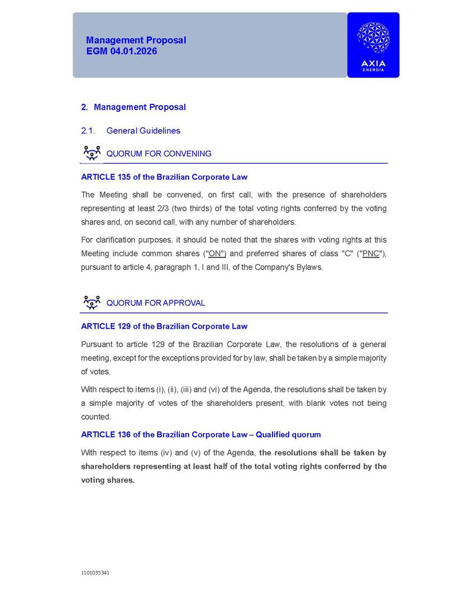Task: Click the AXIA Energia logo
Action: point(373,45)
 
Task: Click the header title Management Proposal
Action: point(136,40)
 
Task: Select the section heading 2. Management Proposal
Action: point(133,107)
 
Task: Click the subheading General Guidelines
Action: point(143,131)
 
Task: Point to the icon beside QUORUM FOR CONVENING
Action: point(92,153)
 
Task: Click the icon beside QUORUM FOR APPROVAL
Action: point(92,302)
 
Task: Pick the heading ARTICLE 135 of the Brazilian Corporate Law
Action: point(164,177)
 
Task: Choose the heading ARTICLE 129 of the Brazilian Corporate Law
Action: point(164,326)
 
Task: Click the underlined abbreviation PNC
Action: point(370,254)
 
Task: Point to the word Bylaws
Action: point(309,267)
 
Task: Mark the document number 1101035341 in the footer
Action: point(95,573)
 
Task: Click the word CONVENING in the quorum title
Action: point(188,154)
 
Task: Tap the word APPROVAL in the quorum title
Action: point(184,304)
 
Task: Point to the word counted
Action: point(96,417)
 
